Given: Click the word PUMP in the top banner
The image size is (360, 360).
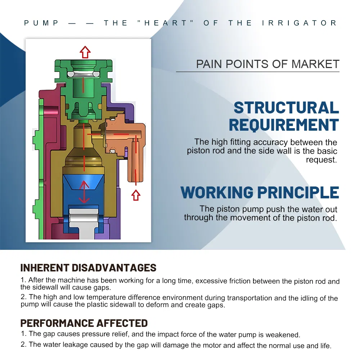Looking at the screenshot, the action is (41, 23).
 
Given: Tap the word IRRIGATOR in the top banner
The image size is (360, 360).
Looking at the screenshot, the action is (300, 23).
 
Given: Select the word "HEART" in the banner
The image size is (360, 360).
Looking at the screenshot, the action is (165, 23).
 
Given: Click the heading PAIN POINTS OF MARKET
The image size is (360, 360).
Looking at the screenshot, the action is (268, 64).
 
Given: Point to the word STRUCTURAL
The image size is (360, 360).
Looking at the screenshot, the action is (286, 107).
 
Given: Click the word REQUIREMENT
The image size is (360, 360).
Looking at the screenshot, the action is (284, 125).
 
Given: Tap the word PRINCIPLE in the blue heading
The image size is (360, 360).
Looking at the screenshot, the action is (298, 192).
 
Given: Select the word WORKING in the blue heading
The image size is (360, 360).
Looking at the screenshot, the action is (217, 192).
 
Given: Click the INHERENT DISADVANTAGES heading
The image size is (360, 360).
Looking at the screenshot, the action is (89, 268).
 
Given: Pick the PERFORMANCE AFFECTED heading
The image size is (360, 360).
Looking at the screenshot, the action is (84, 323).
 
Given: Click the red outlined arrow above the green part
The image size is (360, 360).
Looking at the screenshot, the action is (85, 52).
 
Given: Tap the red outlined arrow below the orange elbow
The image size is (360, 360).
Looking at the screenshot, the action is (136, 195).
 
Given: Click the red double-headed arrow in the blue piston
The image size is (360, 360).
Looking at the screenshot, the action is (84, 192).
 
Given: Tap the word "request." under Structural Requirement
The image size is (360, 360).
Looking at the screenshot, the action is (321, 160).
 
